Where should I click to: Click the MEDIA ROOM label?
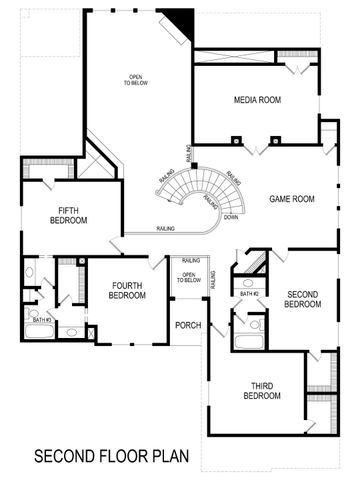257,100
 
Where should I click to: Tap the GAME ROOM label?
292,199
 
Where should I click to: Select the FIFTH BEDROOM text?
69,215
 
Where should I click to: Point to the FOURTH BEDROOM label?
128,290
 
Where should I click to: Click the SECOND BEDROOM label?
302,299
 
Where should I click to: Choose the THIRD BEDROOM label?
261,390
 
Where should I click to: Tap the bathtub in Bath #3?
39,334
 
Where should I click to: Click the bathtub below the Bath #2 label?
248,341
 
